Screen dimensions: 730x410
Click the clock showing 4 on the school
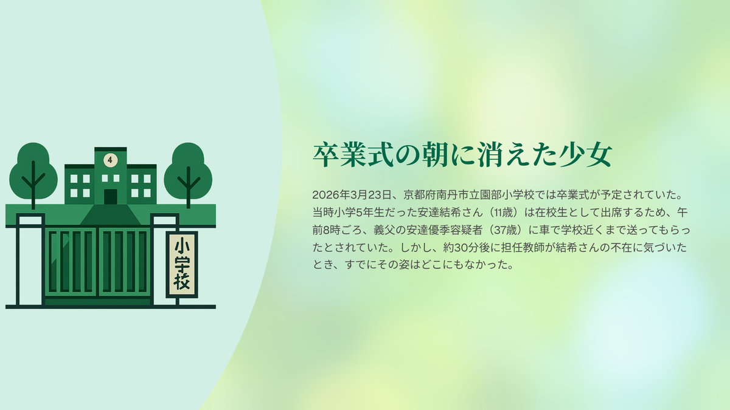110,160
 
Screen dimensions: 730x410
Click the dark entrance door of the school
111,197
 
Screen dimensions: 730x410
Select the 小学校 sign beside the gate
182,265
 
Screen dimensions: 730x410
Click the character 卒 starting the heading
326,154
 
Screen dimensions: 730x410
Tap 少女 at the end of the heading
585,154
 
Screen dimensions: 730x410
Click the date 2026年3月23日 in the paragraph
352,195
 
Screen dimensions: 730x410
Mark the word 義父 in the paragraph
384,230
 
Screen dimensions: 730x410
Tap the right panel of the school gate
124,261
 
